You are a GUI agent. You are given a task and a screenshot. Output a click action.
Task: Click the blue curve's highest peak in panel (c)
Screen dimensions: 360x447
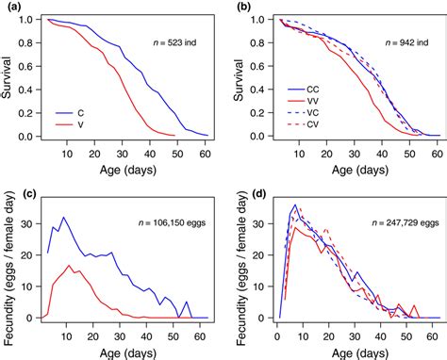click(x=64, y=218)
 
